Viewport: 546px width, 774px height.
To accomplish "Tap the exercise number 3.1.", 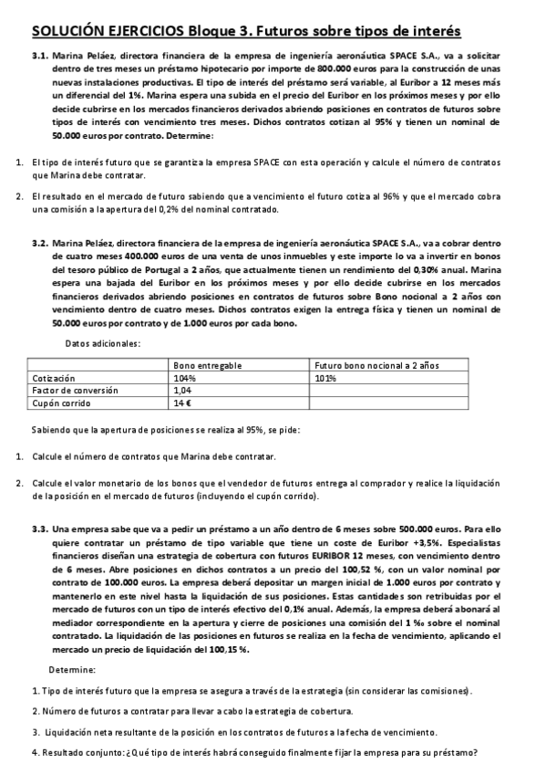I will (39, 56).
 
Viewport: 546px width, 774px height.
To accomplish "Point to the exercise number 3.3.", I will (39, 528).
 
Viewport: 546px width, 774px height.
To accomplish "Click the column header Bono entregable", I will (207, 364).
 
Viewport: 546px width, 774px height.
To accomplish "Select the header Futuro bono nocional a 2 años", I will (376, 364).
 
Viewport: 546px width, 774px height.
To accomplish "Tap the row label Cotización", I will (52, 377).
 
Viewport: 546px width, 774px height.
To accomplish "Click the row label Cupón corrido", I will (57, 403).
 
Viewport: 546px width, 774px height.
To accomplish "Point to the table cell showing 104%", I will (185, 377).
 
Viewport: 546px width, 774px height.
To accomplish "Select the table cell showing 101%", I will (325, 377).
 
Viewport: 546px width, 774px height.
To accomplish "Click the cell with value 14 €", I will (182, 403).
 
